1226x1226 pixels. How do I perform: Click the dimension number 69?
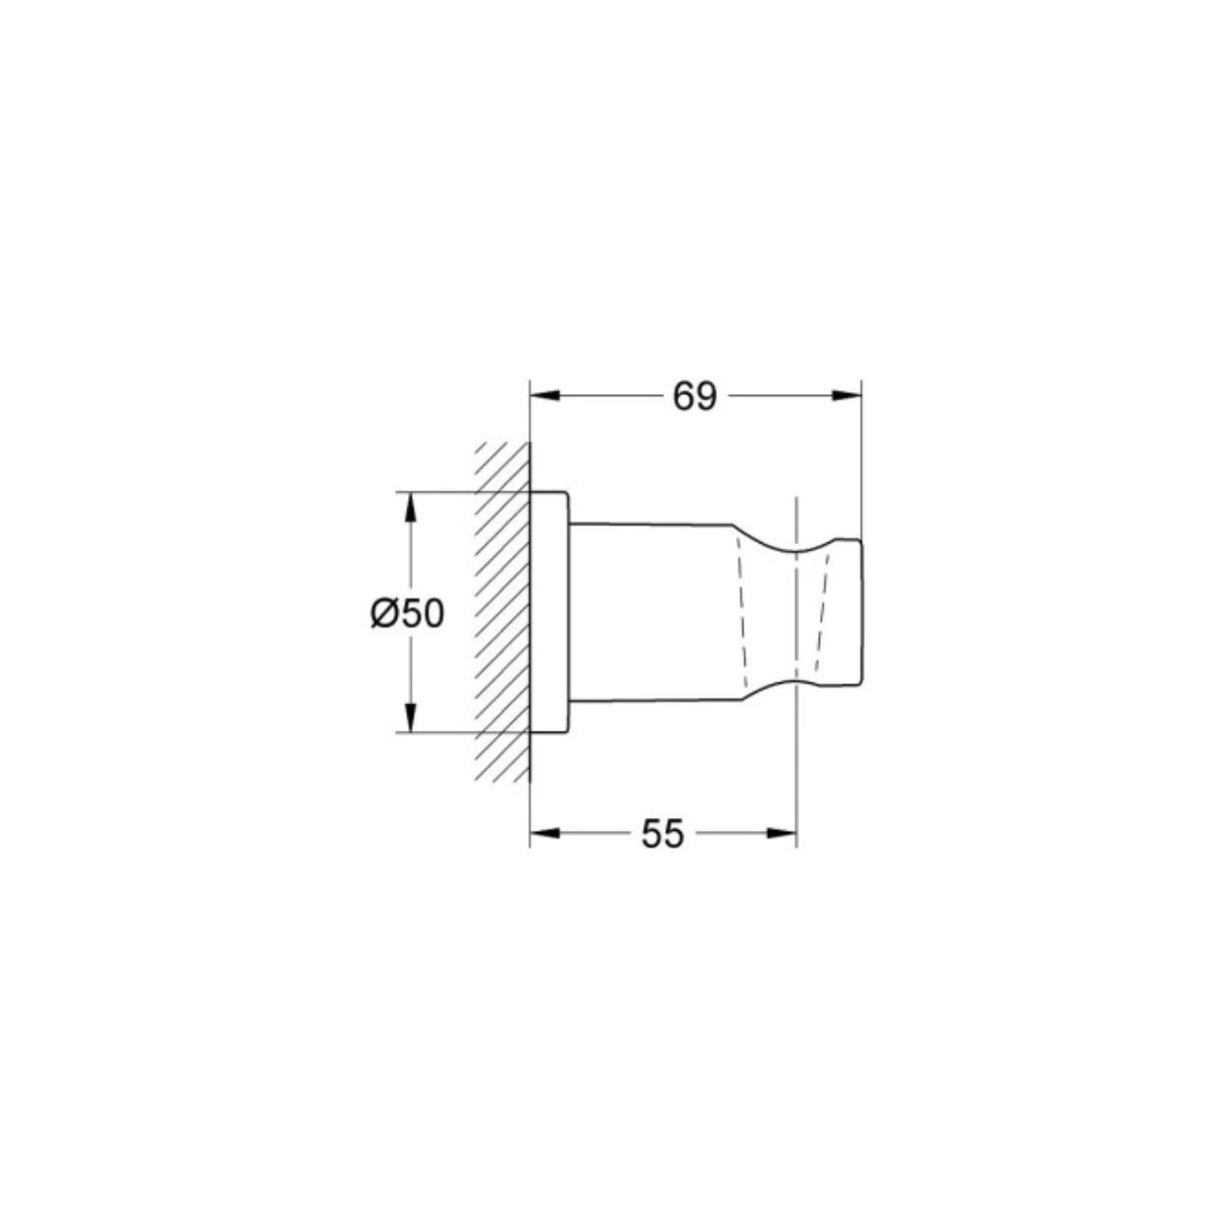(x=694, y=397)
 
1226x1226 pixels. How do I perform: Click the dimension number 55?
(x=662, y=834)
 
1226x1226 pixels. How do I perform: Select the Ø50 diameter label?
(x=407, y=615)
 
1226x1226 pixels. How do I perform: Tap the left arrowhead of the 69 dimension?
(x=544, y=395)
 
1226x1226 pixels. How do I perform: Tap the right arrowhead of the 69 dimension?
(x=846, y=395)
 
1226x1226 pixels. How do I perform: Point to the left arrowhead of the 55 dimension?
(x=544, y=834)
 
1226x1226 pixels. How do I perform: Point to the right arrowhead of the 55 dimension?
(x=782, y=834)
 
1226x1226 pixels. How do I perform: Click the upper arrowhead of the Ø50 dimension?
(x=410, y=509)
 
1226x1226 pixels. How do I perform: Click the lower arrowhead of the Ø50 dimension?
(x=410, y=718)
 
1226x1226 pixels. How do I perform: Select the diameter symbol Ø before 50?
(x=383, y=615)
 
